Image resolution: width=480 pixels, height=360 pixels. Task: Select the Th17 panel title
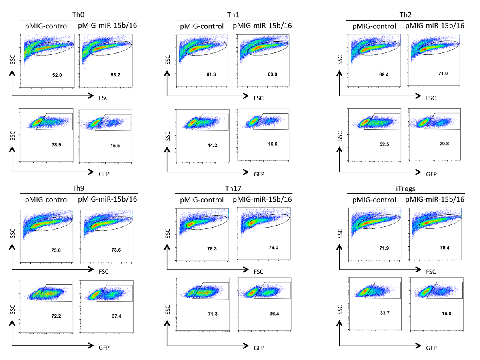pyautogui.click(x=233, y=188)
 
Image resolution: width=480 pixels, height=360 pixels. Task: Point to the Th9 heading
pyautogui.click(x=78, y=188)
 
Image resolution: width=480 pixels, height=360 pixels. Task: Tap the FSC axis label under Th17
pyautogui.click(x=259, y=272)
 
